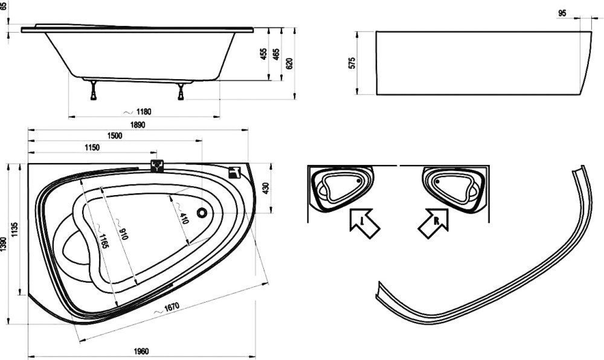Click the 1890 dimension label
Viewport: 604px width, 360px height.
coord(138,125)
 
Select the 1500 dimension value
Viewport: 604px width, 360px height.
coord(115,136)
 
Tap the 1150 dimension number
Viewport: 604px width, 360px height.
coord(92,147)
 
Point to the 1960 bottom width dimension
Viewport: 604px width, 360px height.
coord(141,351)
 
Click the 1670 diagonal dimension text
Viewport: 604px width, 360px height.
coord(171,307)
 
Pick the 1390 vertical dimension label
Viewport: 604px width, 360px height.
coord(4,244)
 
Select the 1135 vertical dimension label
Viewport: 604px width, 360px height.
coord(14,230)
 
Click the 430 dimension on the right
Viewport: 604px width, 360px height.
coord(265,188)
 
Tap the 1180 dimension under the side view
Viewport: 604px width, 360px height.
coord(144,112)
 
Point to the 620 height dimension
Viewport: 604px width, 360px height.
coord(290,63)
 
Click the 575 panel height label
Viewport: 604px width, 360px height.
coord(352,63)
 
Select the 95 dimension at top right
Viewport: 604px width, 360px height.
coord(562,13)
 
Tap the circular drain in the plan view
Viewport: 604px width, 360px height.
coord(202,213)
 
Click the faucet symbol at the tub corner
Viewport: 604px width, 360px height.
coord(234,173)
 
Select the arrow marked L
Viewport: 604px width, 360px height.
coord(364,223)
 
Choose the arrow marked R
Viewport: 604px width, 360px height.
coord(434,223)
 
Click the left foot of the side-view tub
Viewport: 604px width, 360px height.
coord(94,91)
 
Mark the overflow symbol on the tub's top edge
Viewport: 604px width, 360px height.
coord(157,166)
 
